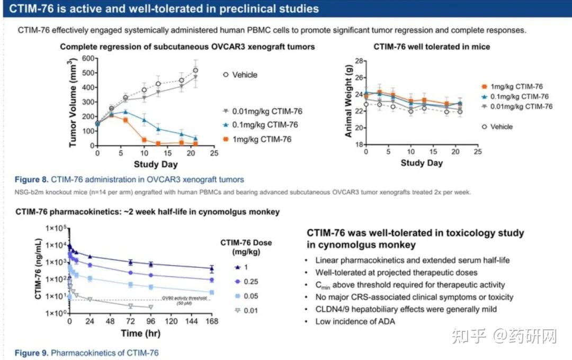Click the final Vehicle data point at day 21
click(195, 70)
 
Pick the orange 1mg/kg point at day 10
click(144, 140)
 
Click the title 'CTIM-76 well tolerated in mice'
click(432, 47)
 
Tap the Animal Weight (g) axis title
click(348, 103)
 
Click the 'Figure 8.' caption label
click(31, 179)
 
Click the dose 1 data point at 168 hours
click(212, 268)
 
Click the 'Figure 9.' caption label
click(31, 353)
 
